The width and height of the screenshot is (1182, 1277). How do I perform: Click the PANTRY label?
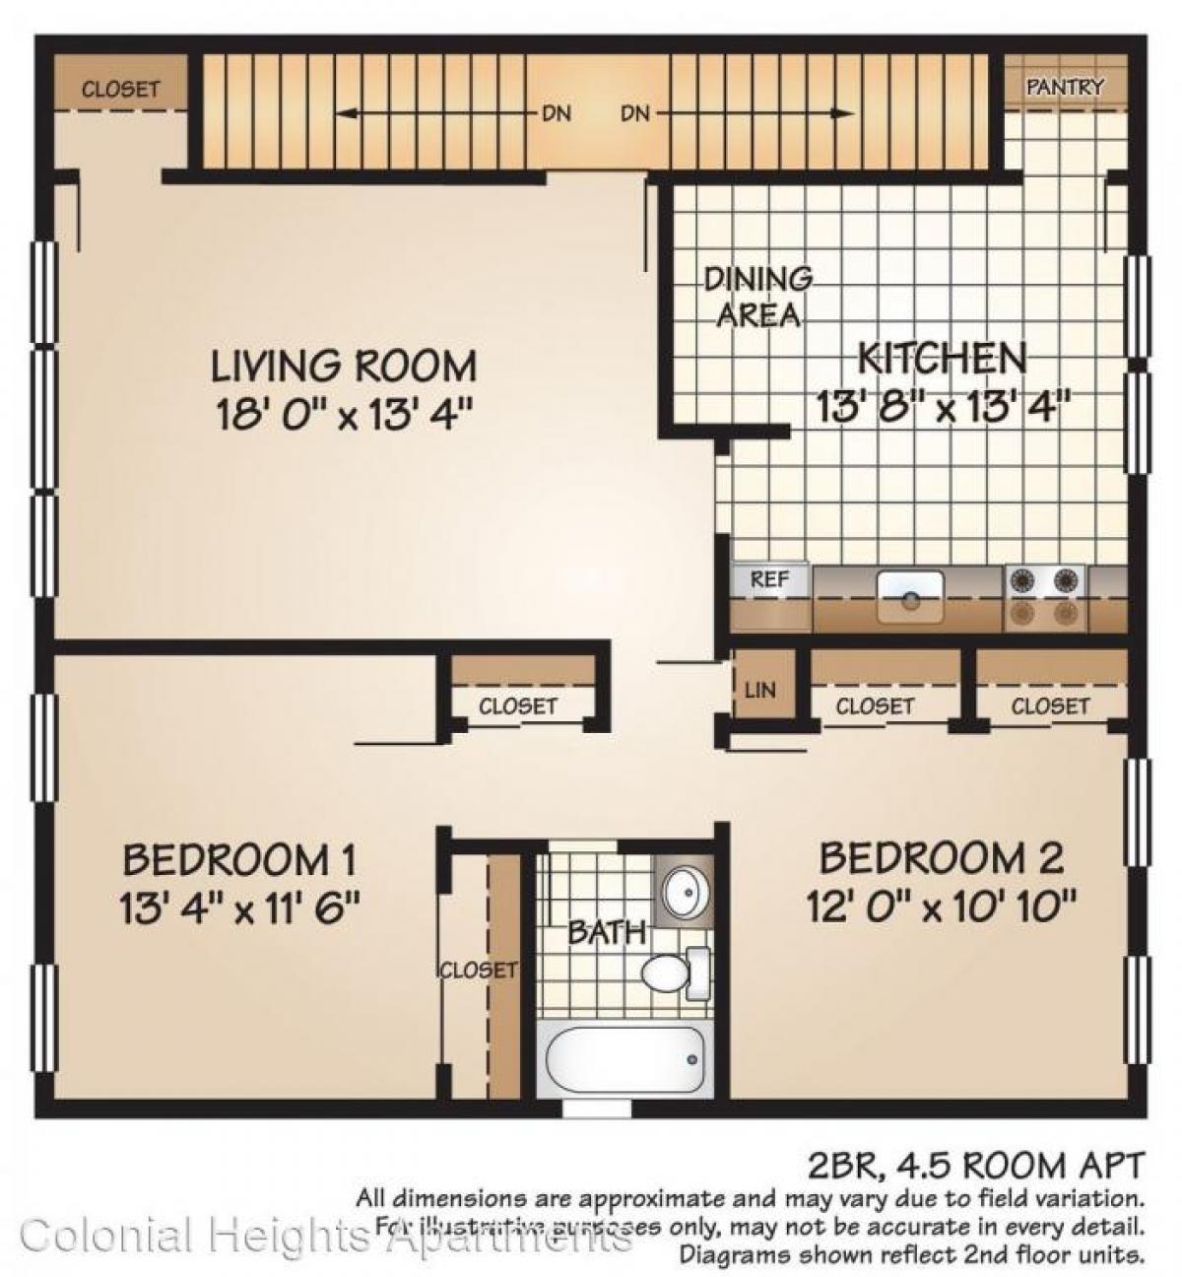click(1065, 87)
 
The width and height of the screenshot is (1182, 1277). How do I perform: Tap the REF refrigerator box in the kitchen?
click(769, 580)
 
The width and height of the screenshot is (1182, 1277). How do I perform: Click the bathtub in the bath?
click(623, 1060)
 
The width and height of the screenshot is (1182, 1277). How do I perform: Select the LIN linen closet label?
click(760, 690)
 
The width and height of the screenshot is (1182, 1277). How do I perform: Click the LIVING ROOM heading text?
click(344, 367)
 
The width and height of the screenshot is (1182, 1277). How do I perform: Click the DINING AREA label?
click(757, 297)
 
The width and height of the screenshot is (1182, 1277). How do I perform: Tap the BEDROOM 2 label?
click(941, 858)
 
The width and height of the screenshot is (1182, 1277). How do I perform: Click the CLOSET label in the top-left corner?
click(120, 90)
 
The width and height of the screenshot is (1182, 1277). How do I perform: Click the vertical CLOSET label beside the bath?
click(478, 971)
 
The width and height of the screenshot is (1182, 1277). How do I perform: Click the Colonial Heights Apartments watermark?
click(325, 1236)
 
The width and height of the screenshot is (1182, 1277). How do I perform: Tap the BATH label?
click(607, 931)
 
